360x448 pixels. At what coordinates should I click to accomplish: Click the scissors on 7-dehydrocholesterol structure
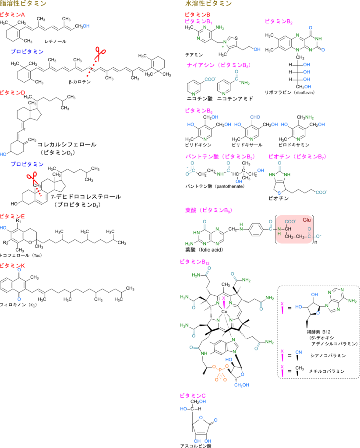coord(32,178)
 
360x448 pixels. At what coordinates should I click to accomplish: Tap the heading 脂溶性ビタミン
coord(23,3)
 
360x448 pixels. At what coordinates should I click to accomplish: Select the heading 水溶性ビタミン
coord(208,3)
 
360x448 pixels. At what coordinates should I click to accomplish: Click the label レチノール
coord(55,42)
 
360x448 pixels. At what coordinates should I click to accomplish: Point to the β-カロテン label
coord(80,82)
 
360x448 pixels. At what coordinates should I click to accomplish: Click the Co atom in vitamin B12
coord(225,311)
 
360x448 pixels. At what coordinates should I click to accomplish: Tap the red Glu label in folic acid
coord(307,220)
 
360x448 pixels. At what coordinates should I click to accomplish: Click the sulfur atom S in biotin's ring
coord(279,193)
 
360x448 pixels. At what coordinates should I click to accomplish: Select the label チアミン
coord(194,55)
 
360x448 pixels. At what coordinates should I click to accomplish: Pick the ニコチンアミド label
coord(235,98)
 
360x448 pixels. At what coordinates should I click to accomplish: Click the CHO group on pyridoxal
coord(255,117)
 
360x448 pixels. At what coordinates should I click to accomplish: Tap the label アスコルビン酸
coord(196,445)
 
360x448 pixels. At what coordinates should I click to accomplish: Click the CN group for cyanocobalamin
coord(299,352)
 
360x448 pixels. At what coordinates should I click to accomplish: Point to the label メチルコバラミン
coord(327,371)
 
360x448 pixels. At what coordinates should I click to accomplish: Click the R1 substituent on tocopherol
coord(18,220)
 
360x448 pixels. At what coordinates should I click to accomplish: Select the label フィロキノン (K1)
coord(18,305)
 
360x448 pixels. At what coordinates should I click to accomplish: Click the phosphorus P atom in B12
coord(220,371)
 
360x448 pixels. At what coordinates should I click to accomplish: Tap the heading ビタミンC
coord(192,395)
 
